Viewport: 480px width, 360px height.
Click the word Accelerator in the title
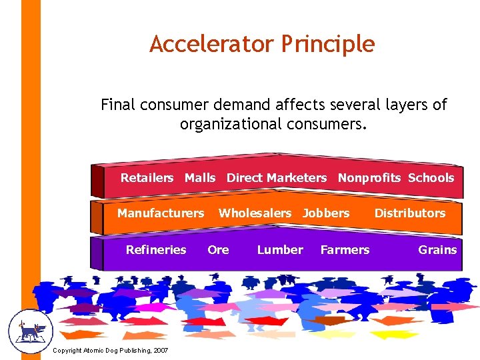[211, 44]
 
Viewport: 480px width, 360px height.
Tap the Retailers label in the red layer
[147, 178]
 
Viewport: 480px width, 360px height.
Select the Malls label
[200, 178]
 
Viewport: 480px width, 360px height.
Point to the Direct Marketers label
[277, 178]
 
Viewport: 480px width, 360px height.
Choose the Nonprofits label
[369, 178]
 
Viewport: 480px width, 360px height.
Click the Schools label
[431, 178]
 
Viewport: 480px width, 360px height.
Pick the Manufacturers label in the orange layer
[161, 213]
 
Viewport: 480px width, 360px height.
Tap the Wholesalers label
[255, 213]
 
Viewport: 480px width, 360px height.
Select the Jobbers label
[325, 213]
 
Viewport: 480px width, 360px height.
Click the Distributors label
[409, 213]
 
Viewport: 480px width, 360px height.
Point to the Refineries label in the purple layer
[156, 250]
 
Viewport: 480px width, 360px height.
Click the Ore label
[218, 250]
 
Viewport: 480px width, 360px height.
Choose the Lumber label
[280, 250]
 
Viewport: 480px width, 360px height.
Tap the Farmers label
[345, 250]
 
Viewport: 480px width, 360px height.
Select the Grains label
[437, 250]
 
